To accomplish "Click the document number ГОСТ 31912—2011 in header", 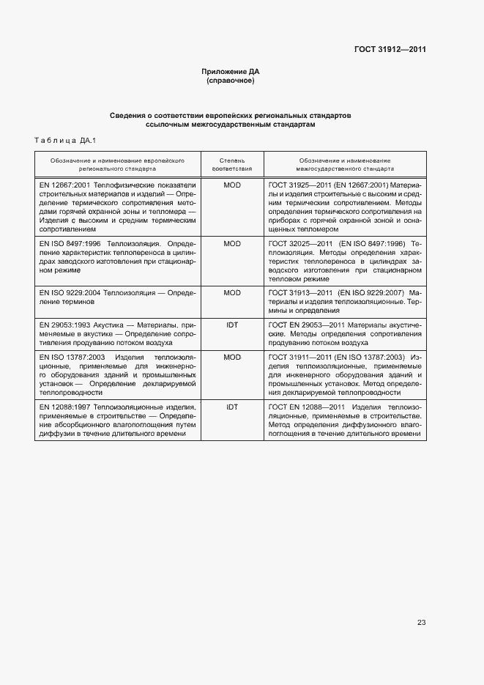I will [390, 50].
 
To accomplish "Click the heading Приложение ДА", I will [231, 71].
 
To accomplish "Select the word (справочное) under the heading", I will [231, 80].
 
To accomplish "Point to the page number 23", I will [421, 623].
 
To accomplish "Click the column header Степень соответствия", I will [231, 163].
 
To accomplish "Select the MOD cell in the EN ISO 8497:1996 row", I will [231, 243].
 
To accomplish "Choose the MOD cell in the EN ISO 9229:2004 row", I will [231, 293].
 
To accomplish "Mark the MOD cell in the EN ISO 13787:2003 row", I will [231, 357].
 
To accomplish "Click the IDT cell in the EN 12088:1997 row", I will [231, 407].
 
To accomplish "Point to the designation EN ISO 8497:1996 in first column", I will [72, 243].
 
